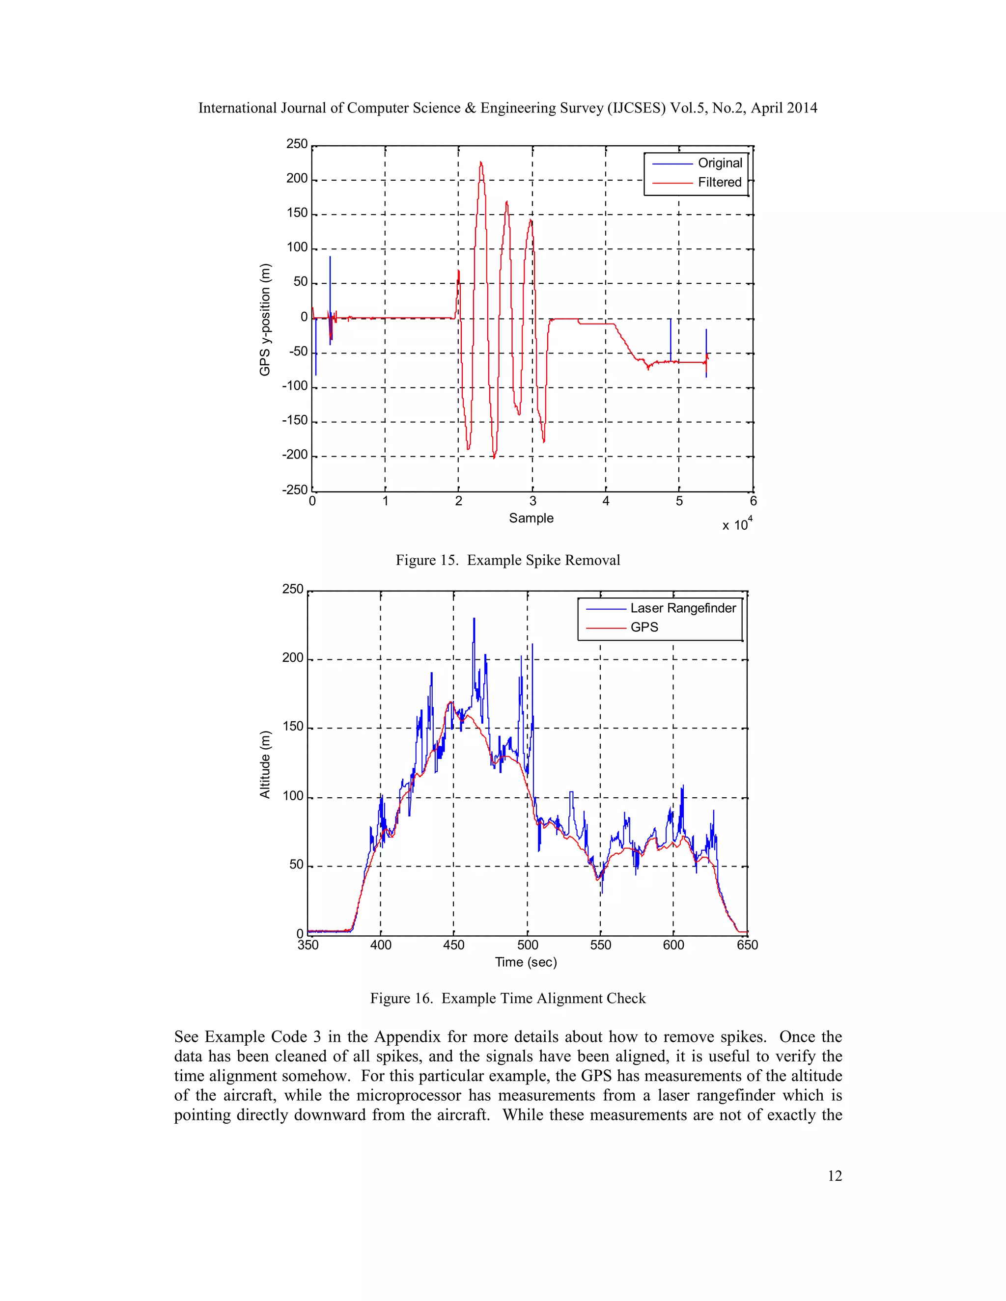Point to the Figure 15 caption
(508, 560)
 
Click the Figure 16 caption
(508, 999)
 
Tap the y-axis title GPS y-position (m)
(265, 320)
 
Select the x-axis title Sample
(531, 518)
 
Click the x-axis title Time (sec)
(526, 962)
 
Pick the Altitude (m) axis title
(265, 764)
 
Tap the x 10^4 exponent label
(737, 524)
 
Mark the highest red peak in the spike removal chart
(480, 162)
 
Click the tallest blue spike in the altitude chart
(475, 620)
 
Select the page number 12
(835, 1175)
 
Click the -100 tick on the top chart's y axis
(295, 386)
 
